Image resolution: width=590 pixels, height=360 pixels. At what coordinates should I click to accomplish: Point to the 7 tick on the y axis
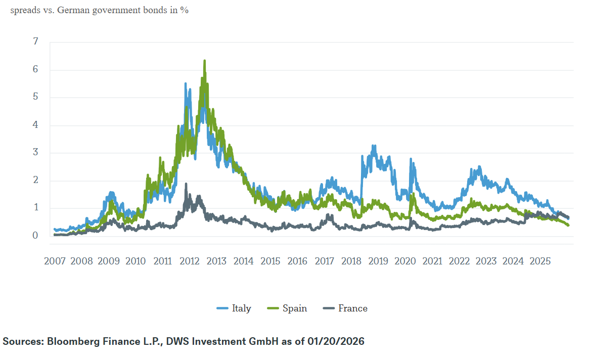(x=35, y=42)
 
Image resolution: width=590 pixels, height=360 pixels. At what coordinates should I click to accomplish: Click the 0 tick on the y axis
(x=35, y=236)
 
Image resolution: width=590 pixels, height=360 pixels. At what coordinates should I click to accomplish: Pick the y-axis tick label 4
(x=35, y=125)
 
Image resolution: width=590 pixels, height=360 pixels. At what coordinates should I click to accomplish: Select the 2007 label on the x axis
(x=55, y=261)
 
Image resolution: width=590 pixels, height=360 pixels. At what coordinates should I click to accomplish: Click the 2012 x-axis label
(x=189, y=261)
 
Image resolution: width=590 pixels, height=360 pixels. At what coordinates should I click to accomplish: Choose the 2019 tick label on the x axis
(x=378, y=261)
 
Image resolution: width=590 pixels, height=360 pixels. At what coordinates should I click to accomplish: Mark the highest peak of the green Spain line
(x=204, y=61)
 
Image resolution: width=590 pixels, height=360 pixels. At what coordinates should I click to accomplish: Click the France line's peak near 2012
(x=186, y=184)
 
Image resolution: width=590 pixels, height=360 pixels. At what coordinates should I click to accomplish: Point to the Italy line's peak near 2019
(x=374, y=146)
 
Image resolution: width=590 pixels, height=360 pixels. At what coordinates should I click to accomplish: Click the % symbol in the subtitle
(x=185, y=10)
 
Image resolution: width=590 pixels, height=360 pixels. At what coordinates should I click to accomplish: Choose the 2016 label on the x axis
(x=297, y=261)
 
